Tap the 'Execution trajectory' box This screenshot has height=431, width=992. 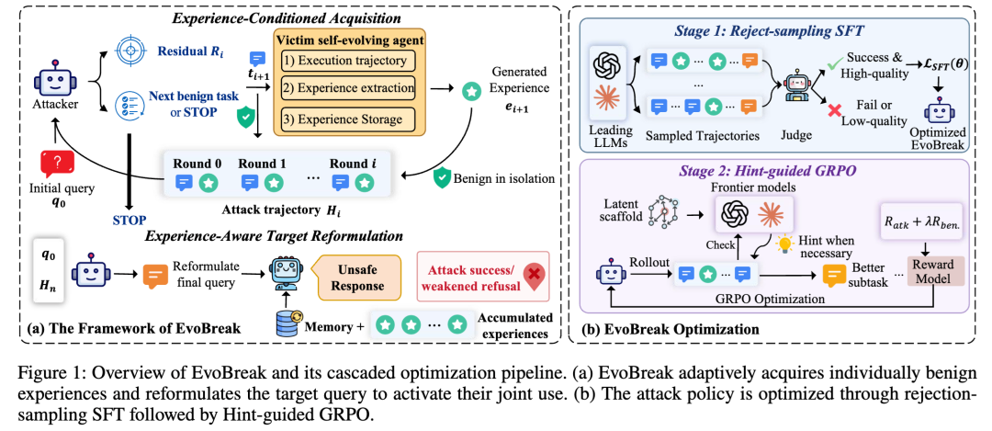tap(344, 62)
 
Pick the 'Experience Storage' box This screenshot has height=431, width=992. tap(344, 119)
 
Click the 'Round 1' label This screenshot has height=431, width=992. tap(262, 164)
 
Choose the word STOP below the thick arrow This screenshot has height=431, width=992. tap(129, 221)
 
